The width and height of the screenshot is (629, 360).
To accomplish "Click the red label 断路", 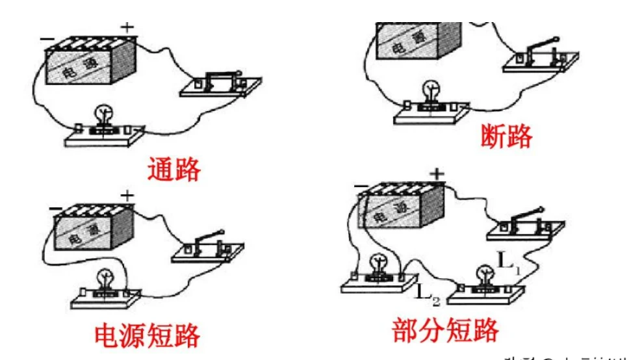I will click(506, 136).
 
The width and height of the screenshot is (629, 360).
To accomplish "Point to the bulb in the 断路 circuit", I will click(430, 90).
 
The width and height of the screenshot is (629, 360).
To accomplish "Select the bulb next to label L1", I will click(483, 275).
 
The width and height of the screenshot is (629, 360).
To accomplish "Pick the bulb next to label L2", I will click(376, 264).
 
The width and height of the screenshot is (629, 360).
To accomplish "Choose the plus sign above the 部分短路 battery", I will click(437, 174).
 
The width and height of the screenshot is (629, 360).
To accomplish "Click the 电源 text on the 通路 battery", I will click(77, 71).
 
